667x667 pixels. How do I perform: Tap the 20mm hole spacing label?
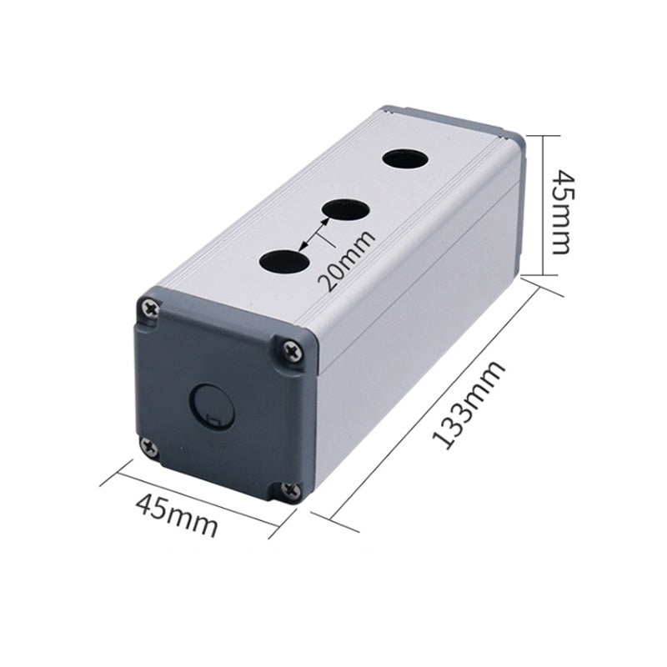point(347,260)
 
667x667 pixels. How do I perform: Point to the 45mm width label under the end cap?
point(177,515)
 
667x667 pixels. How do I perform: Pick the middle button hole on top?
point(345,210)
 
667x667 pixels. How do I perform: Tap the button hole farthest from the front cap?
point(404,160)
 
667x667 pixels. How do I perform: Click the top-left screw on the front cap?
point(152,308)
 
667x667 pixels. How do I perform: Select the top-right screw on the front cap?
point(293,350)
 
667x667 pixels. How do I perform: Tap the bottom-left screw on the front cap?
point(150,446)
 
